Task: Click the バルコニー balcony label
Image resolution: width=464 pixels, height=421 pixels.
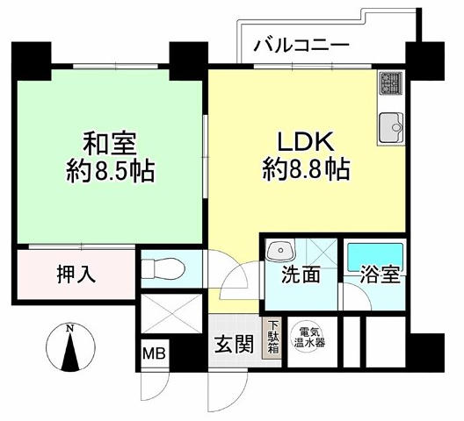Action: (x=301, y=46)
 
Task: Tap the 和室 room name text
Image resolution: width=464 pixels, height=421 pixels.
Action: (x=110, y=145)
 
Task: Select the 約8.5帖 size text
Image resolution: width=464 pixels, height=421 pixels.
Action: (x=111, y=171)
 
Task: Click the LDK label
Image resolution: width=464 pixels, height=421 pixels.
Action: (x=306, y=141)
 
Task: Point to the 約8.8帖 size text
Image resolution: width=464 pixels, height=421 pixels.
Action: (x=306, y=169)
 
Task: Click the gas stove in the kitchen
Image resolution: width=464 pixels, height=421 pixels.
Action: (x=391, y=82)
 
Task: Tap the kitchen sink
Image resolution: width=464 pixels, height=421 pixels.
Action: (x=391, y=127)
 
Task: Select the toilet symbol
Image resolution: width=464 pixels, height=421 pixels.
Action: (x=163, y=268)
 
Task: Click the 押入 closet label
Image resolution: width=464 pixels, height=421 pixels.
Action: (x=76, y=274)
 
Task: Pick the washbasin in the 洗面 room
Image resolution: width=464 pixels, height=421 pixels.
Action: (x=280, y=250)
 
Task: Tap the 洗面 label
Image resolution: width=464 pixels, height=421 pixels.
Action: (x=301, y=275)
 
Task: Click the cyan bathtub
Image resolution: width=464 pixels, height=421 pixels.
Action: (x=375, y=257)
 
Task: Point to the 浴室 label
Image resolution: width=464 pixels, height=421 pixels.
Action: (x=380, y=275)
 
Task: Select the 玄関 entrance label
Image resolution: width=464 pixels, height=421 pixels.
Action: (x=234, y=344)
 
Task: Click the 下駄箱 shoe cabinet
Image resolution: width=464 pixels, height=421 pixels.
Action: (x=272, y=339)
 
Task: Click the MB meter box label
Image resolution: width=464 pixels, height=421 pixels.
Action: (x=154, y=353)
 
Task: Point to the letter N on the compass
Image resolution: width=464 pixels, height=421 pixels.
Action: (x=70, y=328)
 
